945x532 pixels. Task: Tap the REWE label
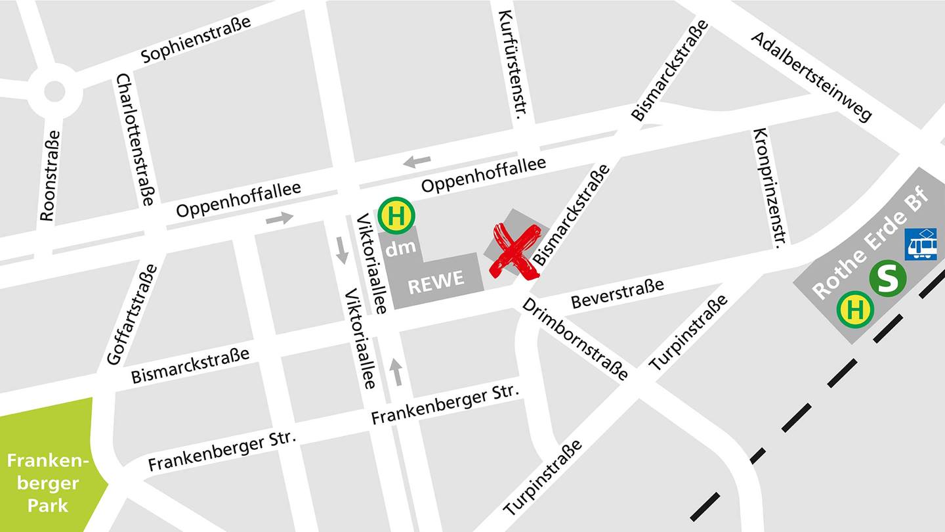pos(436,281)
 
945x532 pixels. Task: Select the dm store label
pos(400,248)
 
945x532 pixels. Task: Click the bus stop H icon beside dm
pos(396,215)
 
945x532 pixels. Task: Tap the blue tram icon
pos(921,244)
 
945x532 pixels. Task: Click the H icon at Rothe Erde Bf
pos(855,308)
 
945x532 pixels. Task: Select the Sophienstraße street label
pos(196,39)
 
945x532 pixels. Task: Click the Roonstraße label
pos(49,175)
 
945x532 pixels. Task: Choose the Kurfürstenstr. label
pos(513,64)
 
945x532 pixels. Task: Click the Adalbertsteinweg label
pos(812,76)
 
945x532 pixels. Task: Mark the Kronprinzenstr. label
pos(769,188)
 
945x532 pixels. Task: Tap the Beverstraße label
pos(617,293)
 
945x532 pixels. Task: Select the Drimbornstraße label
pos(575,340)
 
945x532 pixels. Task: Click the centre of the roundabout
pos(54,91)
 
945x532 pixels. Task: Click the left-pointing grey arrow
pos(417,161)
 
